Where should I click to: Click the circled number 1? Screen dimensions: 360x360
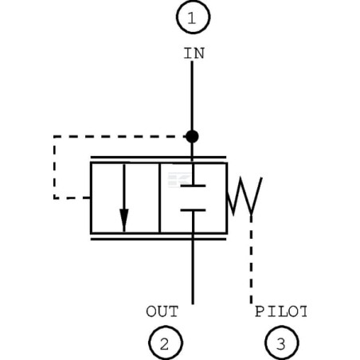[193, 17]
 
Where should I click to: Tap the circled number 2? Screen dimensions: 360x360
[166, 342]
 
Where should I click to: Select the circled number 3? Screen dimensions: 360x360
[281, 342]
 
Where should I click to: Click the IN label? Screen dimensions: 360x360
[194, 53]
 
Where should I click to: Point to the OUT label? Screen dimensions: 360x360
[162, 311]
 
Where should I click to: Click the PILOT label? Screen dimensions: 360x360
[280, 311]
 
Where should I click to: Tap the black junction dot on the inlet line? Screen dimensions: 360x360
[192, 136]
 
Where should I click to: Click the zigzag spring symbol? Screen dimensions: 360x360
[245, 196]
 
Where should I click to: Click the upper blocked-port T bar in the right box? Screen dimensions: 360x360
[193, 186]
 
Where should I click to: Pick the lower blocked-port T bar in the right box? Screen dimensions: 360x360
[193, 210]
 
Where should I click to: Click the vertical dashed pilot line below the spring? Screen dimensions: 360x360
[251, 260]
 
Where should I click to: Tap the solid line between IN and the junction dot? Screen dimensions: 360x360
[192, 96]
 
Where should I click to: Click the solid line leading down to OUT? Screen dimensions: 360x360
[193, 268]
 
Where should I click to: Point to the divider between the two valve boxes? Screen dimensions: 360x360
[159, 198]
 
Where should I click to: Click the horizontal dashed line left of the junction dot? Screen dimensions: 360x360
[119, 136]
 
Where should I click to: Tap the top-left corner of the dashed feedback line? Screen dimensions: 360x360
[54, 136]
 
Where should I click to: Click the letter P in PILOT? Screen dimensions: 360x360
[259, 311]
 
